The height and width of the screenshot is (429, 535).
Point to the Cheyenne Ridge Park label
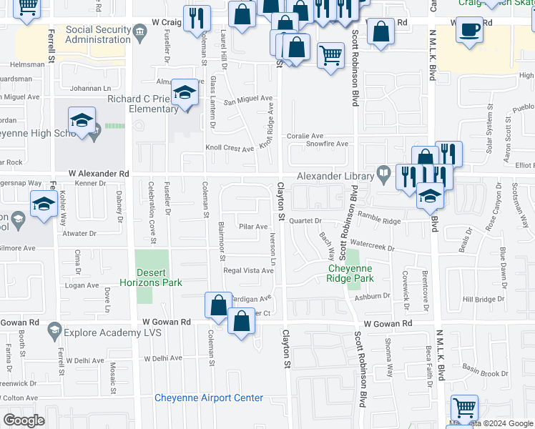[x=351, y=274]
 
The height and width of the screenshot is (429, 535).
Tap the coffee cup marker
[x=469, y=30]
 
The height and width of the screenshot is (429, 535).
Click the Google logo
[x=24, y=420]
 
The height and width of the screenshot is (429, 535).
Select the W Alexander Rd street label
[x=99, y=174]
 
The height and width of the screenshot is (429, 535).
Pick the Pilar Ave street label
[x=253, y=227]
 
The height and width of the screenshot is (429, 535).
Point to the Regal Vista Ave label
[x=248, y=271]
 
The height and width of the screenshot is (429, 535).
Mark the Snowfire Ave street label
[x=327, y=144]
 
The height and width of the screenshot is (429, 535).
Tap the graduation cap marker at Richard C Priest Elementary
[x=185, y=93]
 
